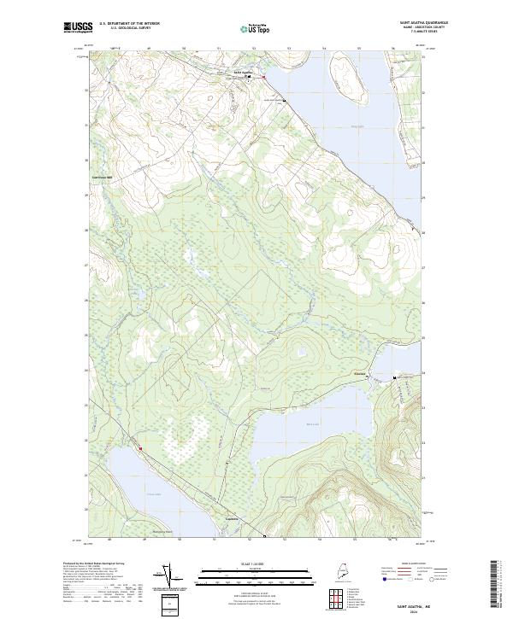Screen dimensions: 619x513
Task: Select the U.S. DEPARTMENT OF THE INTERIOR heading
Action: click(129, 23)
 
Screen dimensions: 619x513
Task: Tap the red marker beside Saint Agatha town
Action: click(263, 78)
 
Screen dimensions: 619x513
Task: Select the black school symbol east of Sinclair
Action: click(394, 377)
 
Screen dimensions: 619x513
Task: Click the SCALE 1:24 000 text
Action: click(256, 563)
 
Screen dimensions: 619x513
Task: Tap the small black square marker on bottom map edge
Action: click(264, 537)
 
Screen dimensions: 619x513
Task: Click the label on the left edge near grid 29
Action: click(103, 178)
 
